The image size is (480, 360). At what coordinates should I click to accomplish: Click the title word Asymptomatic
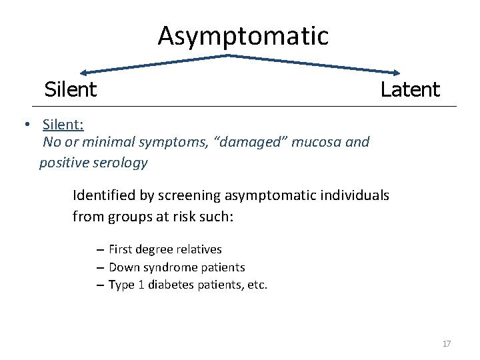coord(243,36)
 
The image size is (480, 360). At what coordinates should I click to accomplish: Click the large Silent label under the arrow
coord(71,89)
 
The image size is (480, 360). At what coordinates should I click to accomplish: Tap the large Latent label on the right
coord(410,89)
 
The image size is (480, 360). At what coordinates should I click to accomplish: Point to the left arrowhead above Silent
coord(83,73)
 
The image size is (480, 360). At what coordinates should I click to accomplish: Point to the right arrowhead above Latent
coord(397,73)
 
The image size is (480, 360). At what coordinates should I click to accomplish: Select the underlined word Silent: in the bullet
coord(63,125)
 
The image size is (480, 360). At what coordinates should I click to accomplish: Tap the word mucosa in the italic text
coord(320,142)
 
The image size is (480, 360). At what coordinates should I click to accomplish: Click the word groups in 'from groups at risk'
coord(125,217)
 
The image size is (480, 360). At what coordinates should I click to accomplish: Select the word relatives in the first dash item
coord(198,249)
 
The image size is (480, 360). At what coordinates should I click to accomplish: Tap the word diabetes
coord(171,285)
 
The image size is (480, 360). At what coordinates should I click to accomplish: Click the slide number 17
coord(446,344)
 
